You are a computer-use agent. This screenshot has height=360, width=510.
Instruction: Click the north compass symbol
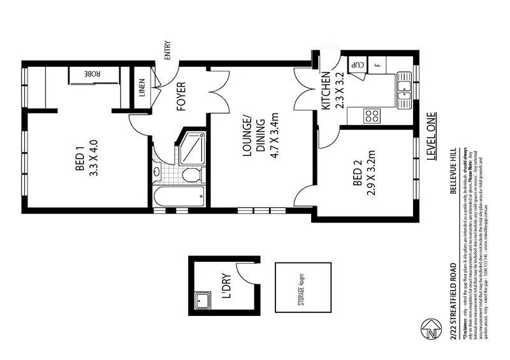(433, 331)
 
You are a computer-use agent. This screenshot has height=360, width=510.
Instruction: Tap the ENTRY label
(168, 50)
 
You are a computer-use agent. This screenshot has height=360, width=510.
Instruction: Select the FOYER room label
(180, 96)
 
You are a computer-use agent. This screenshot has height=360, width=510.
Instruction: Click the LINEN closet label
(142, 89)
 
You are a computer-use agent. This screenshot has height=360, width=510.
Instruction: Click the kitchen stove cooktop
(372, 116)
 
